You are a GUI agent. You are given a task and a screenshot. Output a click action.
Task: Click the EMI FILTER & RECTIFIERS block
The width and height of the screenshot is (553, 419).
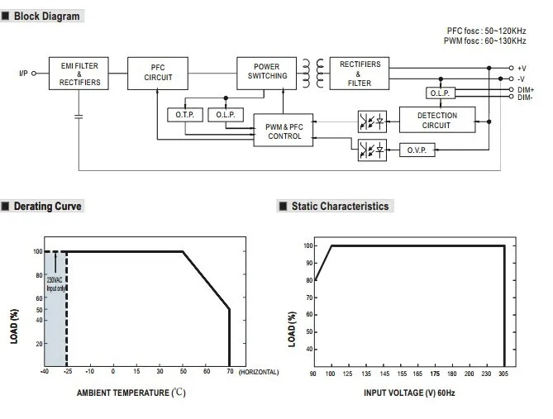80,73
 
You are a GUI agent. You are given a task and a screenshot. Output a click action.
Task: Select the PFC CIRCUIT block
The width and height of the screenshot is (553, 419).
158,73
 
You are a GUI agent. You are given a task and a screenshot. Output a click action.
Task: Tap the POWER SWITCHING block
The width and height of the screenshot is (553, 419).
267,71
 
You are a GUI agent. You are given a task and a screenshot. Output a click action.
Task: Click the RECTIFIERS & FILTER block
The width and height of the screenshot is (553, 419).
360,73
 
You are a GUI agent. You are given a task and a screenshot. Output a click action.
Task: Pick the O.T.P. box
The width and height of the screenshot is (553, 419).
184,115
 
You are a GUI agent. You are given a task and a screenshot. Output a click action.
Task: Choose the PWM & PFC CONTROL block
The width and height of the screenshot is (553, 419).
284,131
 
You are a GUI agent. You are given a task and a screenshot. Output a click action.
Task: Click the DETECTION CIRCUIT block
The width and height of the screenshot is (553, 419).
437,120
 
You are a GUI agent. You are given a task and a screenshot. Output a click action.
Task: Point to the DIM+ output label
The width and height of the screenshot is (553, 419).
525,88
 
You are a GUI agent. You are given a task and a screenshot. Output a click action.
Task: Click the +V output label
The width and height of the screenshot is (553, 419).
522,68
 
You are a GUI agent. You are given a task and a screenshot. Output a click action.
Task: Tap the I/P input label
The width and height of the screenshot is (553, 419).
23,74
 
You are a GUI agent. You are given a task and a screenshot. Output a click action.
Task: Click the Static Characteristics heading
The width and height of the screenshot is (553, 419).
339,206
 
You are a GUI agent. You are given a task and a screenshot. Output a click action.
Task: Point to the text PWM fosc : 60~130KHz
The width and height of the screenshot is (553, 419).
485,40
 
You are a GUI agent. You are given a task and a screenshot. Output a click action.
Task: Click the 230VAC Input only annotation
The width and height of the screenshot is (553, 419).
55,285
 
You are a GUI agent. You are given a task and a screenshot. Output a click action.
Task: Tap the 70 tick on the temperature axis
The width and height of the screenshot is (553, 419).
229,373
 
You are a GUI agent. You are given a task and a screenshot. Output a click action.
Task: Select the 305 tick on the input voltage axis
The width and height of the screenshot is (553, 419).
504,374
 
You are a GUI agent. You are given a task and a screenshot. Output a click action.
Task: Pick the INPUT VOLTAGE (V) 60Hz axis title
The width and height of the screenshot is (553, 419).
409,392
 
